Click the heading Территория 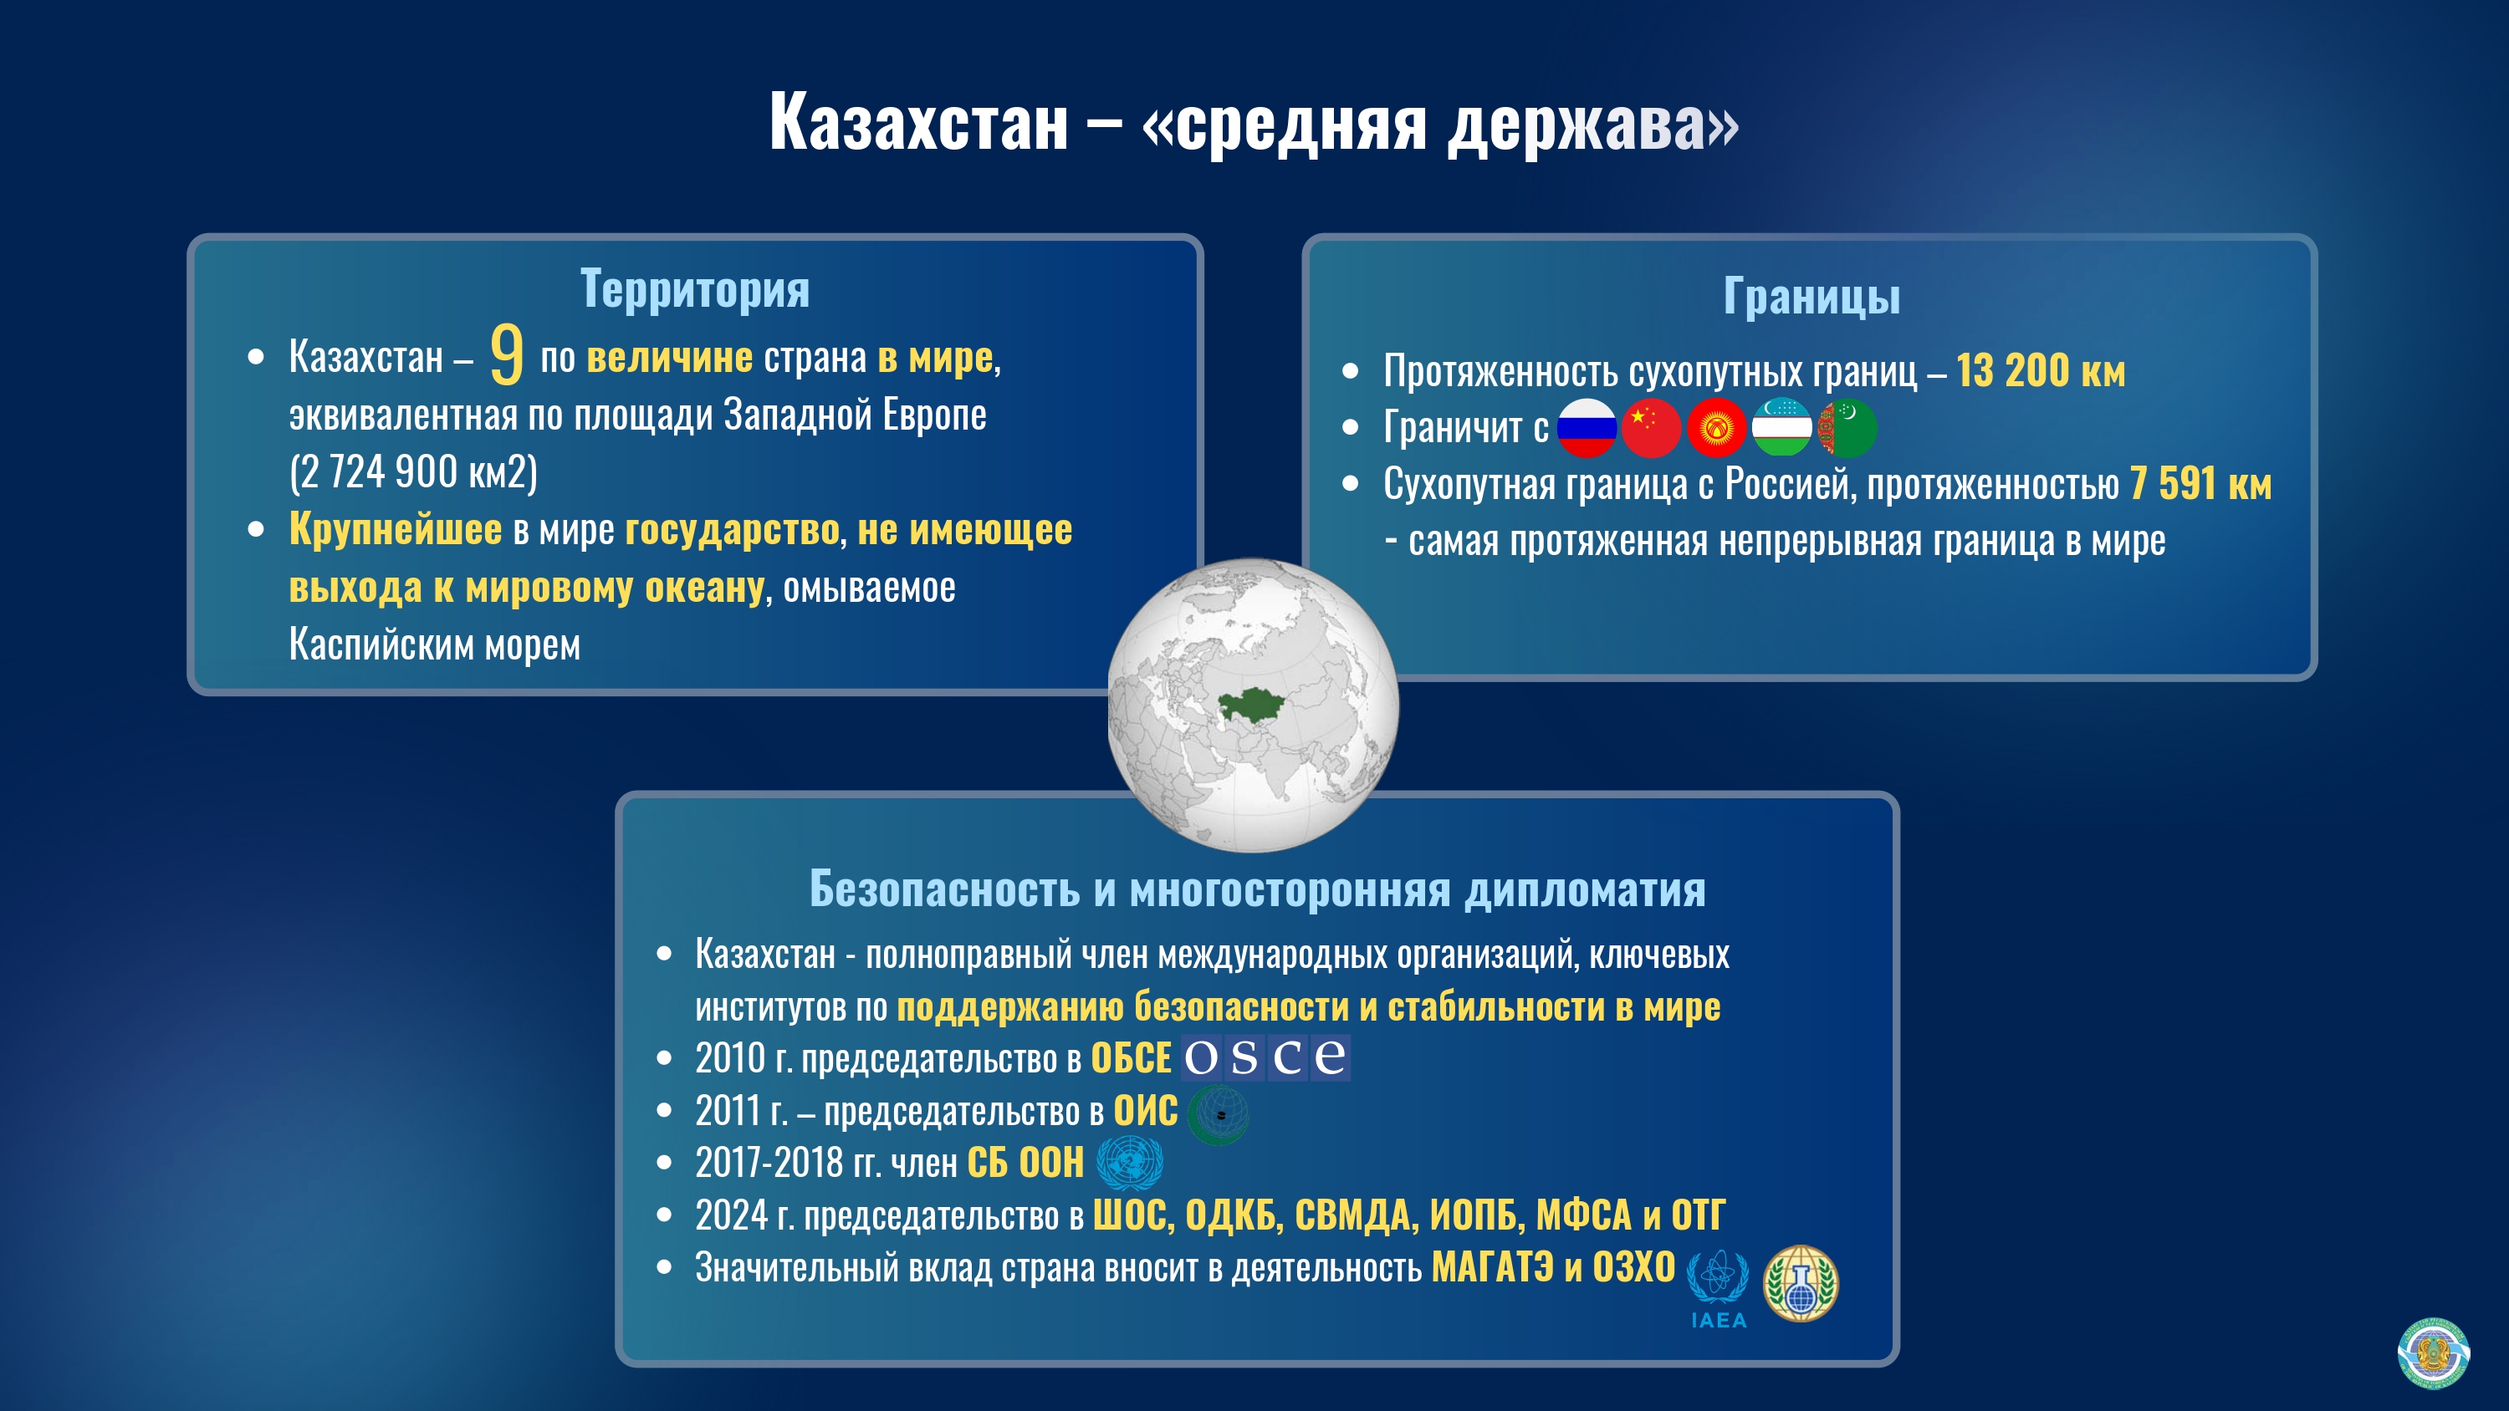[694, 289]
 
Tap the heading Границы [1811, 296]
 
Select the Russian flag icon [1587, 427]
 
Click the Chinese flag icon [1651, 427]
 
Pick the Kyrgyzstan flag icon [1716, 427]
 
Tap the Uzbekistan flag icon [1781, 427]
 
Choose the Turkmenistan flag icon [1847, 427]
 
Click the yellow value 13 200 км [2041, 371]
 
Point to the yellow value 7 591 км [2200, 484]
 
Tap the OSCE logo [1265, 1057]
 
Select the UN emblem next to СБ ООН [1129, 1163]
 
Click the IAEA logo [1717, 1287]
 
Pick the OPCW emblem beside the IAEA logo [1801, 1282]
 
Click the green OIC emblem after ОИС [1218, 1113]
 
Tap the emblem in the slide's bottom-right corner [2432, 1352]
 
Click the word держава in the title [1592, 125]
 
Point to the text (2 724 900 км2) [413, 472]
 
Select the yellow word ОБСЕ [1130, 1058]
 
